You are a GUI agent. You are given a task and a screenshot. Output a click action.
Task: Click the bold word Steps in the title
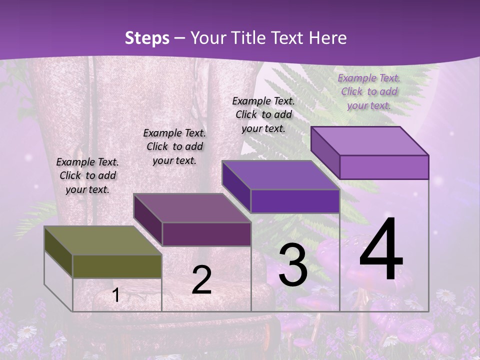147,38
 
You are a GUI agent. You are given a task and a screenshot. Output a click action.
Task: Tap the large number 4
381,250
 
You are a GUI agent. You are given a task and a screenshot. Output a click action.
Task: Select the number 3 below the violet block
293,265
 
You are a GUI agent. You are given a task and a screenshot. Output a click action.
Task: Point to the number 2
201,280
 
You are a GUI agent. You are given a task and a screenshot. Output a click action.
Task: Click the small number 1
116,295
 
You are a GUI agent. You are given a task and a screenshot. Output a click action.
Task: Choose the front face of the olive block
117,266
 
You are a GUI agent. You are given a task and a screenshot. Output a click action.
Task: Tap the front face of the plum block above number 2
206,234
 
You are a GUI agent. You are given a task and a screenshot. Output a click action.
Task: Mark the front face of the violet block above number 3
295,201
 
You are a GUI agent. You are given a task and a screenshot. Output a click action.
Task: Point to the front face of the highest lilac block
384,167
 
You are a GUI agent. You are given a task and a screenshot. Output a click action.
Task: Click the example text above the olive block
87,175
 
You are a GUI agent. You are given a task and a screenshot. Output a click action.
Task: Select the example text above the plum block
174,146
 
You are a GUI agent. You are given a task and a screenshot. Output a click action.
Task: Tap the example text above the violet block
263,114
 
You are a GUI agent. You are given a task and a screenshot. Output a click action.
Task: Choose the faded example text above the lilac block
369,91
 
